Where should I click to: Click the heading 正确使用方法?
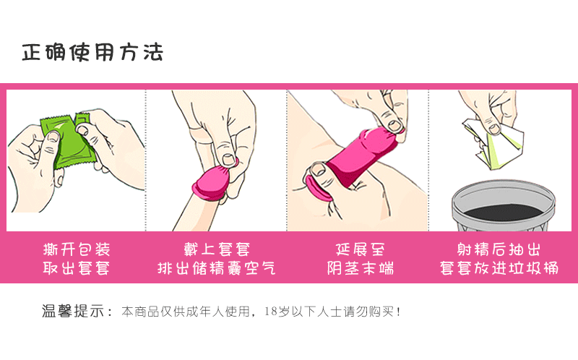pyautogui.click(x=92, y=53)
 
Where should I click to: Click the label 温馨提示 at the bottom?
pyautogui.click(x=76, y=312)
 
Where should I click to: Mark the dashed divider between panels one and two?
pyautogui.click(x=146, y=159)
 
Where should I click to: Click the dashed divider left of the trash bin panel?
pyautogui.click(x=429, y=159)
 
